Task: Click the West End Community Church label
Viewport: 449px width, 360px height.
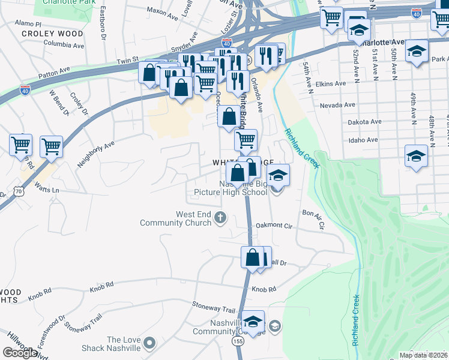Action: [x=175, y=218]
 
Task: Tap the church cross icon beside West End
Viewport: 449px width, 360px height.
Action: [x=220, y=217]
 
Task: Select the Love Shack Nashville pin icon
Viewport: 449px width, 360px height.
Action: [x=149, y=344]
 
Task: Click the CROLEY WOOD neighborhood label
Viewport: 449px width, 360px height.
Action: [x=52, y=34]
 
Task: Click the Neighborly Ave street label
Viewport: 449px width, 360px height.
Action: [x=95, y=154]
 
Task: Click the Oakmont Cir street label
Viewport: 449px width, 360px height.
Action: [x=274, y=226]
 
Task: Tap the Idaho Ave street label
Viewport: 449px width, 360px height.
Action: [x=363, y=140]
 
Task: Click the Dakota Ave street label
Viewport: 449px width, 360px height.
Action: [x=365, y=122]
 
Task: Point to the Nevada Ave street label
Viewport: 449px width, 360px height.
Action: [x=334, y=104]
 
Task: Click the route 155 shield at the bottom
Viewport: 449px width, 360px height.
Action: [x=238, y=340]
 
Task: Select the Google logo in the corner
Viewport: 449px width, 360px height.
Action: [x=20, y=352]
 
